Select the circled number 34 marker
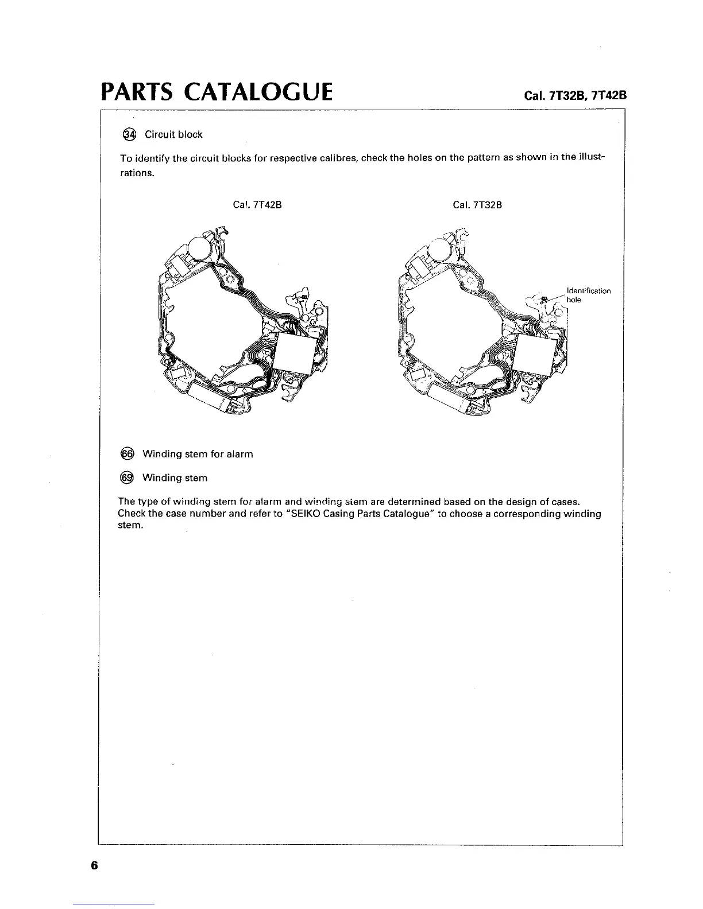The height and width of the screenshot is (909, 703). tap(130, 134)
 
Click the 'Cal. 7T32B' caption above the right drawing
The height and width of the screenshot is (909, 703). tap(477, 205)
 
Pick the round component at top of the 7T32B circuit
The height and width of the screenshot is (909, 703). tap(442, 248)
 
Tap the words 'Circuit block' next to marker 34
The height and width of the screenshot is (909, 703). tap(173, 135)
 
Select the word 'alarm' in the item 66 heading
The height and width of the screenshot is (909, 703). tap(240, 454)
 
